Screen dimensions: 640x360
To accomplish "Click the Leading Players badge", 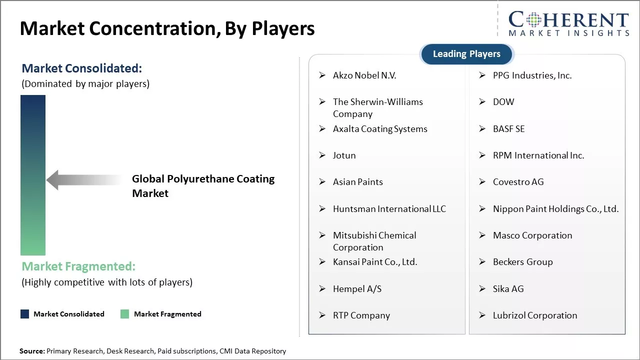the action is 466,54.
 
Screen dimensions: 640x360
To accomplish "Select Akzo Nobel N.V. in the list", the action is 364,75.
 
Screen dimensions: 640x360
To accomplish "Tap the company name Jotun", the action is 344,155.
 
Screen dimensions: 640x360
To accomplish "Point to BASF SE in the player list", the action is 509,129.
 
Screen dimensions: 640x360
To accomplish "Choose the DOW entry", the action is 503,102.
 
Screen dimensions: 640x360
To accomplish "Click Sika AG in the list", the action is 508,289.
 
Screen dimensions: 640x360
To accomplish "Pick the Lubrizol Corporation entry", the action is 535,315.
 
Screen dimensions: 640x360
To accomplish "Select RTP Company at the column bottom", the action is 361,315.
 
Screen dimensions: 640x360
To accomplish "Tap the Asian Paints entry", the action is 357,182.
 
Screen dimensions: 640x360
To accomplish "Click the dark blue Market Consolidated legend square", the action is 25,314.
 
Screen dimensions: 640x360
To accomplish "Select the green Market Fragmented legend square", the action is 124,314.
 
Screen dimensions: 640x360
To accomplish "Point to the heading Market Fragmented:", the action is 78,266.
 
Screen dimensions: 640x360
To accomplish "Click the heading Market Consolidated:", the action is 81,68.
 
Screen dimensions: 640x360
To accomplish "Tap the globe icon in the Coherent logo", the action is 533,20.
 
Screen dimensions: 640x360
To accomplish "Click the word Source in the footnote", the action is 31,351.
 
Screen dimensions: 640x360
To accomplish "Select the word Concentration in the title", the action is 154,28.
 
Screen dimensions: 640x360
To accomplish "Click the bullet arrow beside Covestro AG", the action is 482,182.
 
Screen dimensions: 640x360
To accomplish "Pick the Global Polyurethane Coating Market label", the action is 203,186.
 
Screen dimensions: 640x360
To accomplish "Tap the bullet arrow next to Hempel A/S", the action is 322,289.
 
